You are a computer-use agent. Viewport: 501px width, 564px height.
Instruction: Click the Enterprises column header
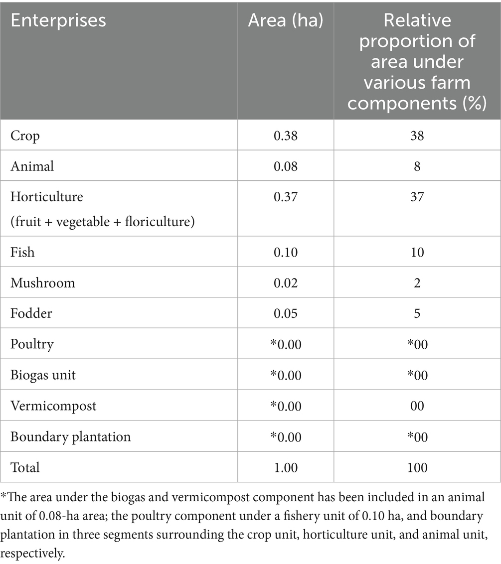click(x=58, y=20)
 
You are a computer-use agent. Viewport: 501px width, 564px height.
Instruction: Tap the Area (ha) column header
click(x=286, y=20)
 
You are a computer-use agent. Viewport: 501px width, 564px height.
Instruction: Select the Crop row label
click(x=25, y=135)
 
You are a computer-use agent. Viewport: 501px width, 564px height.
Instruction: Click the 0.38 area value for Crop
click(x=286, y=135)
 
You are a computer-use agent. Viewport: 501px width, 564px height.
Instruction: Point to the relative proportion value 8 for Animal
click(x=417, y=165)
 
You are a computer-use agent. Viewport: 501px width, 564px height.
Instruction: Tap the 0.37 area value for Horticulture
click(x=286, y=196)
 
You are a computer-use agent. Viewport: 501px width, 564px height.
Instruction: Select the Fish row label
click(x=23, y=252)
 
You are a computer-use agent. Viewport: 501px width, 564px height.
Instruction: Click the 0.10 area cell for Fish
click(x=286, y=252)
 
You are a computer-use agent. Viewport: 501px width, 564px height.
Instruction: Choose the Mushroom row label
click(x=43, y=283)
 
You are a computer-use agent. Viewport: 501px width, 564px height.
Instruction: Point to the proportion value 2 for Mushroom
click(x=417, y=283)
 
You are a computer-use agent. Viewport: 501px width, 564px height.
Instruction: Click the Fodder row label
click(x=31, y=313)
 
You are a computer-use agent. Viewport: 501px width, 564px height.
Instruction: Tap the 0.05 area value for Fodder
click(x=286, y=313)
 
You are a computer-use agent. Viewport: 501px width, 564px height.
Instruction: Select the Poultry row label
click(x=32, y=344)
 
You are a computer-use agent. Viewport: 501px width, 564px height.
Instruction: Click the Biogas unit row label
click(x=43, y=375)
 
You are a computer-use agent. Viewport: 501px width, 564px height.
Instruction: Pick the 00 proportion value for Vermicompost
click(x=417, y=406)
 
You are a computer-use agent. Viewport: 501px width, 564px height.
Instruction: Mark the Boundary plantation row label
click(x=71, y=436)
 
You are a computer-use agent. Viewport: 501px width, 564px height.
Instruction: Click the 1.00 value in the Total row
click(x=286, y=467)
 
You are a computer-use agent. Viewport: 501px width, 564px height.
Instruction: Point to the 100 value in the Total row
click(x=417, y=467)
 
